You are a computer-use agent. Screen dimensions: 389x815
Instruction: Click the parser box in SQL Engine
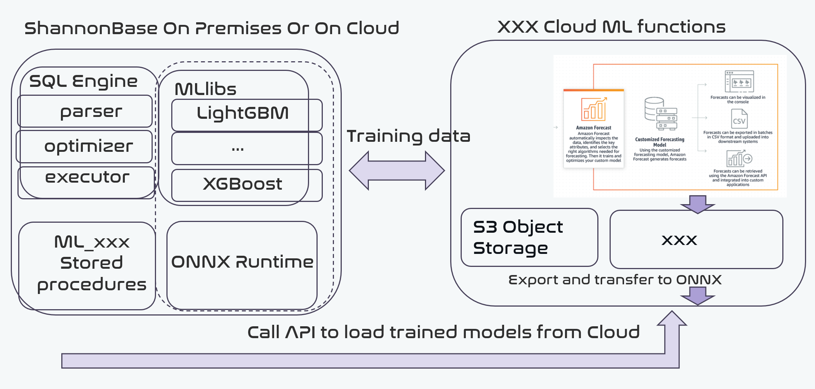[x=85, y=111]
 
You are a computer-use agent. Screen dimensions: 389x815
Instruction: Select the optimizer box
[x=85, y=146]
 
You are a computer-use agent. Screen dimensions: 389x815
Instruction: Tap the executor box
[x=86, y=182]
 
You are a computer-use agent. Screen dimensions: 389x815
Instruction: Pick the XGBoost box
[x=247, y=185]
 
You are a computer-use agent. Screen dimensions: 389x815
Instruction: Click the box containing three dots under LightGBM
[x=247, y=148]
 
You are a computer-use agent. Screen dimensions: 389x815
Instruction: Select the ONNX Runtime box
[x=242, y=265]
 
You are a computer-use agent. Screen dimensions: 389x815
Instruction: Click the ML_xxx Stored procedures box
[x=87, y=265]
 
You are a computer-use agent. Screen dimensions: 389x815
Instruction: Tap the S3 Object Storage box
[x=529, y=238]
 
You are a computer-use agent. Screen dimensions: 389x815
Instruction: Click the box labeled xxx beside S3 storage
[x=696, y=239]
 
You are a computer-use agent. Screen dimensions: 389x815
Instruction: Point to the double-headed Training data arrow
[x=397, y=170]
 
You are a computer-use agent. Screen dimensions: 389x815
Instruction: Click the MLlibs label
[x=205, y=89]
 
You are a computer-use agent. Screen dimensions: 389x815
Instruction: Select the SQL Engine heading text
[x=83, y=81]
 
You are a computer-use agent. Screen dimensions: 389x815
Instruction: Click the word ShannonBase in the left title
[x=91, y=29]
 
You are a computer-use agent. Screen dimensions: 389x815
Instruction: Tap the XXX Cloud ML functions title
[x=611, y=27]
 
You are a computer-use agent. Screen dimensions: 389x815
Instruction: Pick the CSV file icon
[x=739, y=119]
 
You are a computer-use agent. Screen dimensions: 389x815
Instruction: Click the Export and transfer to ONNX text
[x=615, y=280]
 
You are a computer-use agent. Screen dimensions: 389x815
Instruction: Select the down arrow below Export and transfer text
[x=698, y=295]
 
